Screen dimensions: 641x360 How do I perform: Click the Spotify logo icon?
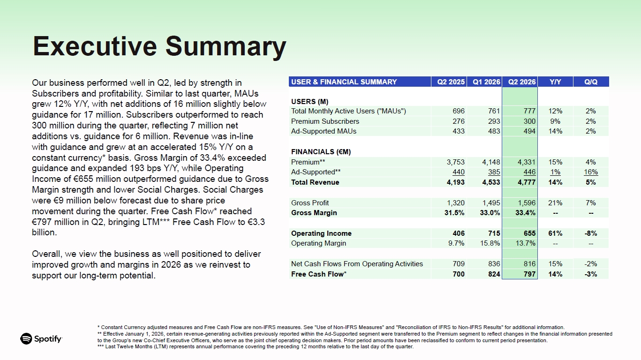point(26,339)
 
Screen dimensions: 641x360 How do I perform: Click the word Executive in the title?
point(95,46)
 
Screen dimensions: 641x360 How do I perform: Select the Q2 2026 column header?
point(522,82)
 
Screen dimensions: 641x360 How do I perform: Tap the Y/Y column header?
point(555,82)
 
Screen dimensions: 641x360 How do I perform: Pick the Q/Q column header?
point(591,82)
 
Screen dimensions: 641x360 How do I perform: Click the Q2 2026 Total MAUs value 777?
point(529,111)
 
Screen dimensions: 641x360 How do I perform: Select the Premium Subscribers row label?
point(325,121)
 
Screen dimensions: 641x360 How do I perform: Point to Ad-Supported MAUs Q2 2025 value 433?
point(459,131)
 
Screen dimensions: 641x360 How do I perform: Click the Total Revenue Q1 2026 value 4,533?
point(491,182)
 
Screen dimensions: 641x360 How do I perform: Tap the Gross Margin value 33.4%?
point(525,213)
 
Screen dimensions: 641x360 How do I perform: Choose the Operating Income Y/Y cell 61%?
point(555,233)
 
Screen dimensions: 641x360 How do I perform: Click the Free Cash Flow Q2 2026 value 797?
point(530,274)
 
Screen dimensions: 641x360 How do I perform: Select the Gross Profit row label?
point(310,203)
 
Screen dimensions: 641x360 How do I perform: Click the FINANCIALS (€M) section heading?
point(321,152)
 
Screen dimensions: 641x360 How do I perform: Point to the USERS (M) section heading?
point(309,102)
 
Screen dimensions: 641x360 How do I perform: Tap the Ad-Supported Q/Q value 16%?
point(591,172)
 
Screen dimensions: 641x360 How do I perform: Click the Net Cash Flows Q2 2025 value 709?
point(459,264)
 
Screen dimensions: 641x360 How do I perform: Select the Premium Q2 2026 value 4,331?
point(527,162)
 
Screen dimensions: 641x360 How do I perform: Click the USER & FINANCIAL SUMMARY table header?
point(344,82)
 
